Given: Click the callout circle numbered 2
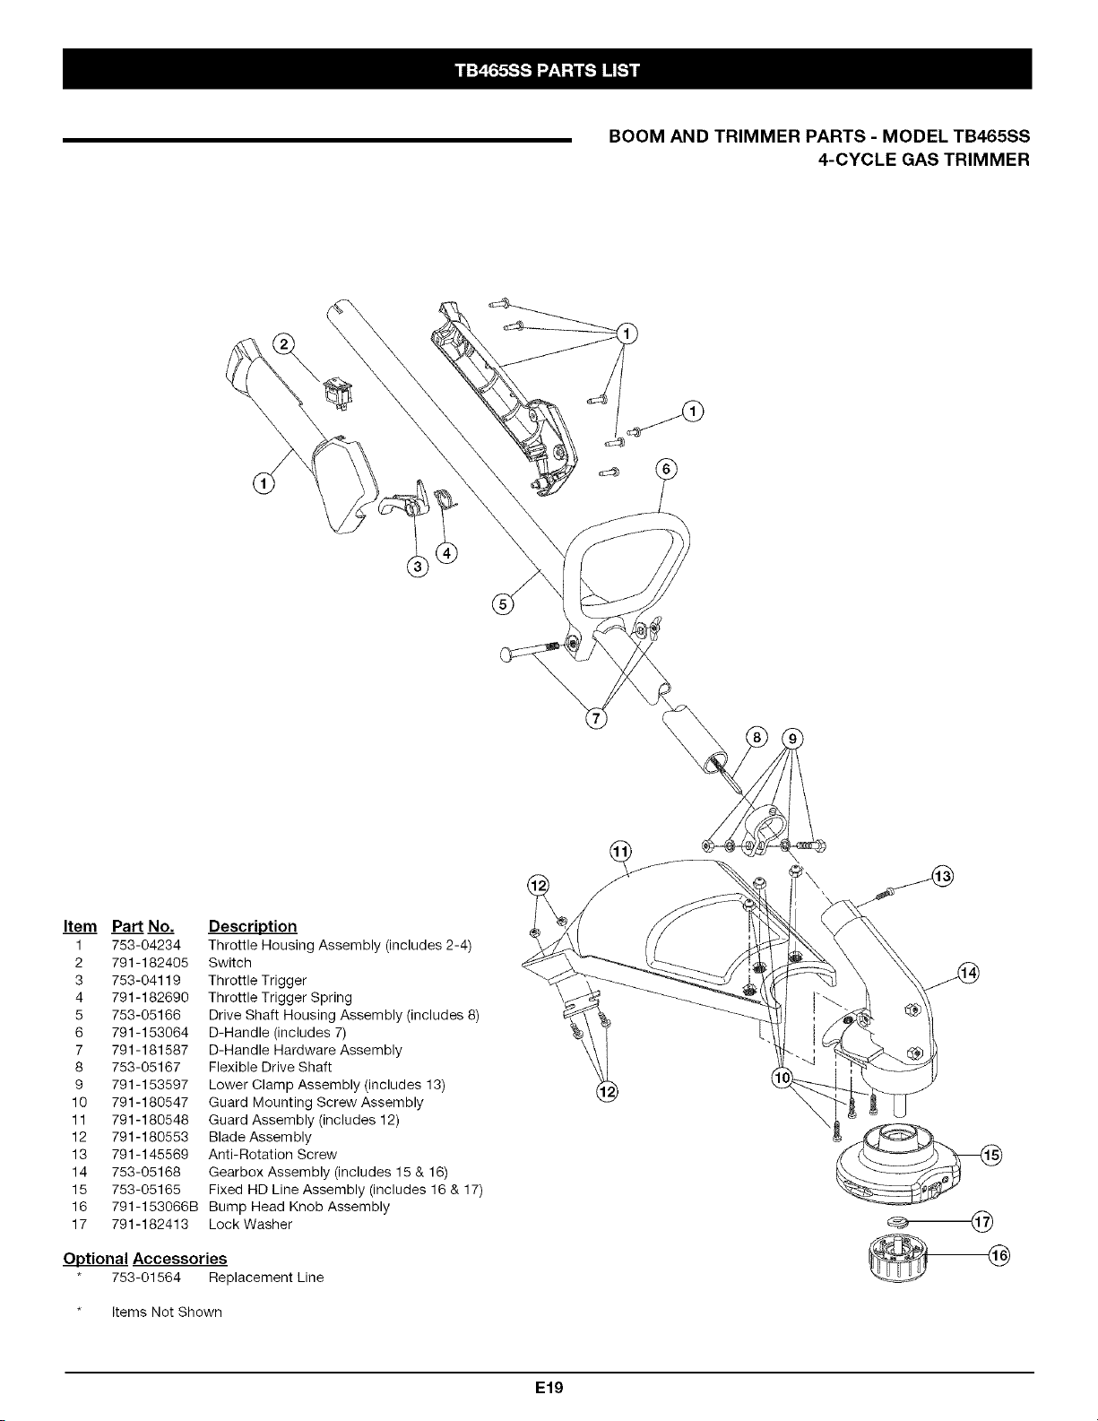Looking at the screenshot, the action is tap(284, 344).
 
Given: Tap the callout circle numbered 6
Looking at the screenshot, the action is tap(666, 470).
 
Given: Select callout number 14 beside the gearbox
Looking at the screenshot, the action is tap(969, 973).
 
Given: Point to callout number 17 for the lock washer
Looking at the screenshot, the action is tap(982, 1221).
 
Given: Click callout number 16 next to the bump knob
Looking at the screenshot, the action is tap(1000, 1255).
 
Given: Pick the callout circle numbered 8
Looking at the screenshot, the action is tap(756, 738).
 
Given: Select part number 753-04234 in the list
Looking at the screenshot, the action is tap(146, 945).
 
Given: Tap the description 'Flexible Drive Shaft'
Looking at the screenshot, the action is tap(270, 1067).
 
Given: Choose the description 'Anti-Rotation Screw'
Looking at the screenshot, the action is tap(272, 1154).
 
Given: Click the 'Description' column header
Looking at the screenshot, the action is tap(252, 927).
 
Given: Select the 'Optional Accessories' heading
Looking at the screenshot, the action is tap(145, 1259).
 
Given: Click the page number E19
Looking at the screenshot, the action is tap(549, 1388).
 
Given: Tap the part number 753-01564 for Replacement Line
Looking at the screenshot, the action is tap(146, 1278).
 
